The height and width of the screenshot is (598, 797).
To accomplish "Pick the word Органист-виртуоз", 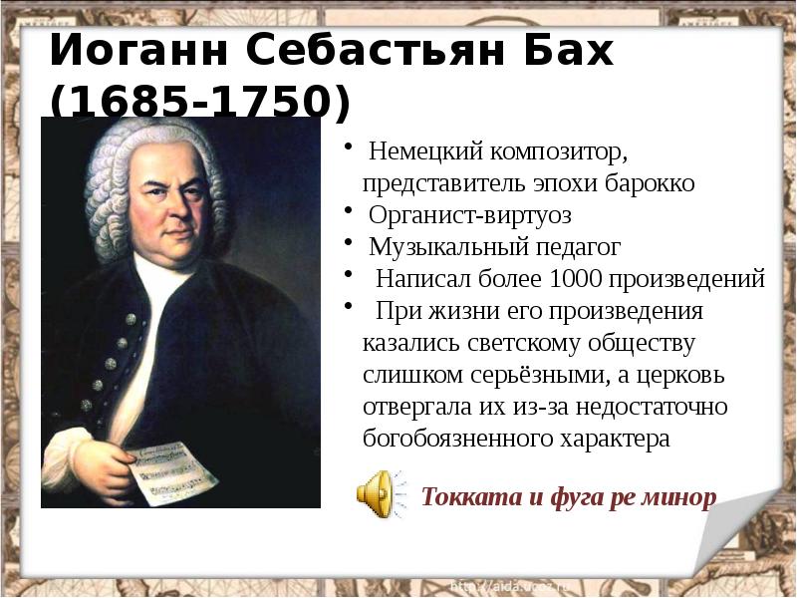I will coord(470,214).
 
